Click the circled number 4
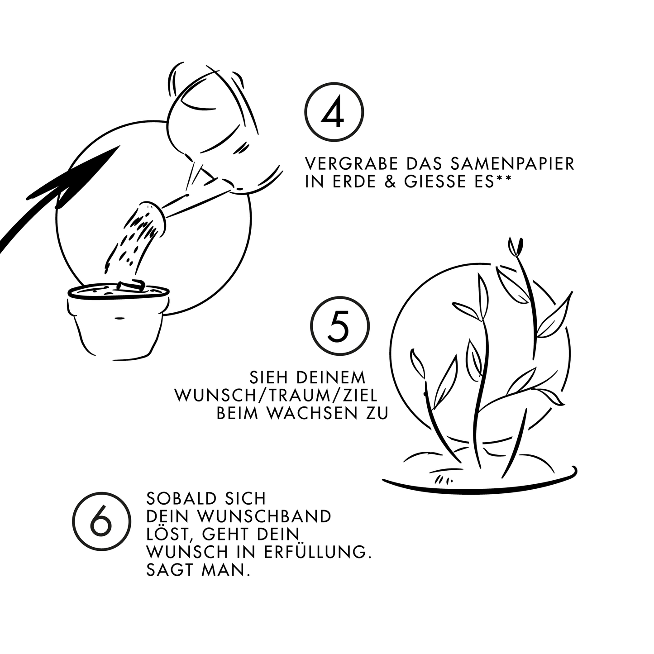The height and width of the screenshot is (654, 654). tap(334, 112)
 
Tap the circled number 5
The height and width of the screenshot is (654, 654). tap(340, 325)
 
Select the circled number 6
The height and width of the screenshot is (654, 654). tap(101, 521)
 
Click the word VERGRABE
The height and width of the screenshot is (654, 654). tap(352, 163)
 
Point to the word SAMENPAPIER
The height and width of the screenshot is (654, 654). tap(512, 163)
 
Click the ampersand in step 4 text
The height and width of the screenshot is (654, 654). tap(391, 181)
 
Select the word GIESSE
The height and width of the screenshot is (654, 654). tap(437, 181)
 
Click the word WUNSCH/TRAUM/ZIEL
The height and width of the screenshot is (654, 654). tap(276, 396)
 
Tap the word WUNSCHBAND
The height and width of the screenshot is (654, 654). tap(264, 516)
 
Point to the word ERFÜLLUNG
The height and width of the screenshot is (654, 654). tap(318, 552)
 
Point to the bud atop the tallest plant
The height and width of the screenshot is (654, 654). tap(516, 246)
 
